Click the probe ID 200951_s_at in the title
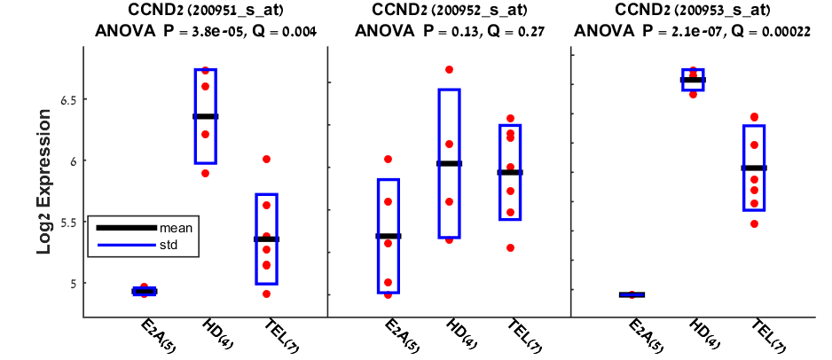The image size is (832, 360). [x=247, y=12]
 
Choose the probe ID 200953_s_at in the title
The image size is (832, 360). [x=730, y=12]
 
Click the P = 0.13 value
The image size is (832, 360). [x=436, y=31]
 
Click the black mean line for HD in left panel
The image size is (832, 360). [x=206, y=116]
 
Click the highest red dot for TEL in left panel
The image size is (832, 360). [x=267, y=160]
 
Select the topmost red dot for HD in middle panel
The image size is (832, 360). [x=449, y=69]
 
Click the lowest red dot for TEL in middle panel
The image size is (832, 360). [x=510, y=247]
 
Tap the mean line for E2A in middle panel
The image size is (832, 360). [x=389, y=236]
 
